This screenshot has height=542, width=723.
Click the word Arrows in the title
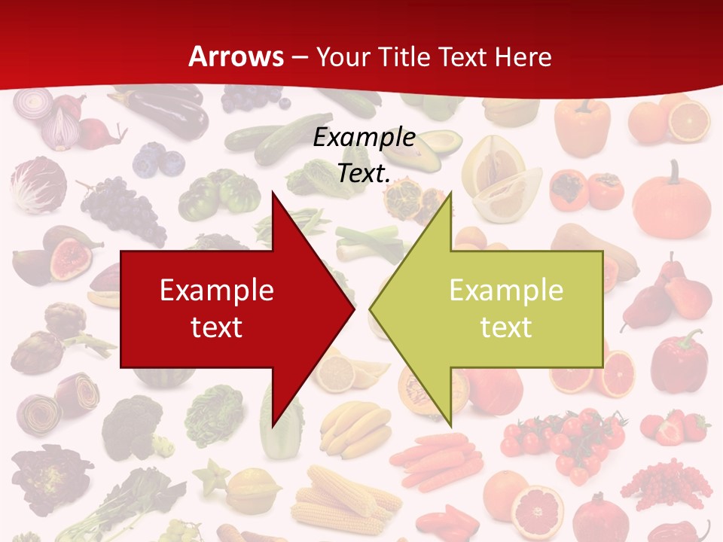click(236, 56)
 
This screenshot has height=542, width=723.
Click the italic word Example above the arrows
click(364, 138)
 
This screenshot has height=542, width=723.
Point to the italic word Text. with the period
click(364, 173)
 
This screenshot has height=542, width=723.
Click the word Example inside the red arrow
click(217, 290)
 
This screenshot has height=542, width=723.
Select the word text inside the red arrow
click(217, 327)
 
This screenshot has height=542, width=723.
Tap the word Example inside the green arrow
click(506, 290)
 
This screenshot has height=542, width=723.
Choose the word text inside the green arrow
click(506, 327)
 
